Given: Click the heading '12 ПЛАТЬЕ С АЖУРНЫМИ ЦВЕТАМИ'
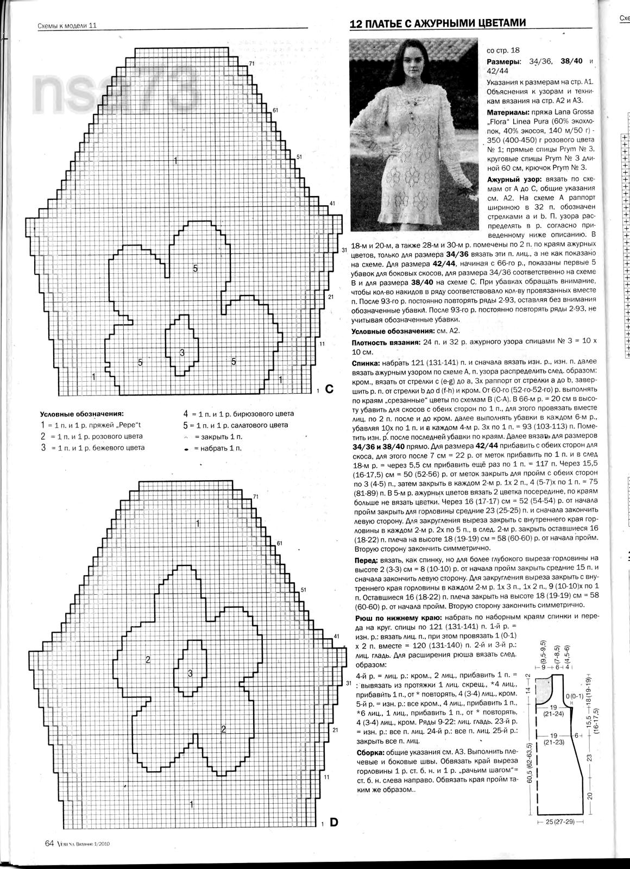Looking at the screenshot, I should click(x=438, y=23).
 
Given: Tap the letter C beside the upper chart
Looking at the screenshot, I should click(x=330, y=389).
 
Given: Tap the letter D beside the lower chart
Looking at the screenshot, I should click(x=333, y=823).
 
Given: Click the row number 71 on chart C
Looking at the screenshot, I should click(x=252, y=64).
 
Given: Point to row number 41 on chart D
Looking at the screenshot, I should click(x=337, y=636).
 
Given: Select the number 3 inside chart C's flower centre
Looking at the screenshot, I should click(x=182, y=352).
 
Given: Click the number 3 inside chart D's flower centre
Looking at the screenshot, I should click(x=190, y=673).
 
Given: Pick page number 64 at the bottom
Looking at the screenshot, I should click(x=49, y=843).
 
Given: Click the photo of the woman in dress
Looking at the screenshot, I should click(x=413, y=134).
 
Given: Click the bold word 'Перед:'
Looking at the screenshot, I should click(x=367, y=558).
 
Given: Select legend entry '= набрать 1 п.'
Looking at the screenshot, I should click(x=214, y=449).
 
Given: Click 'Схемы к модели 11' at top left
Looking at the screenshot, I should click(x=67, y=26).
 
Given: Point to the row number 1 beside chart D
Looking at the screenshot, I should click(x=323, y=825).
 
